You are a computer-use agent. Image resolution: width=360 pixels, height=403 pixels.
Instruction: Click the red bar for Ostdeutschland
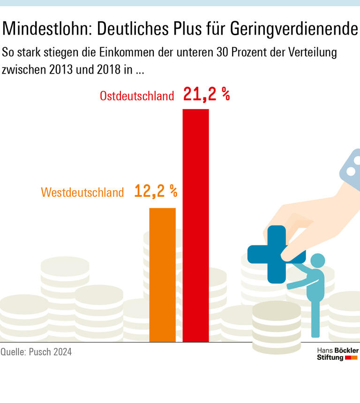[x=195, y=225]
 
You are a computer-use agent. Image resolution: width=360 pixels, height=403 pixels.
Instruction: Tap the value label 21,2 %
[x=206, y=95]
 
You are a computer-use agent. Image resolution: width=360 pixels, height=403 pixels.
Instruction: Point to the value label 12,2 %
[x=156, y=191]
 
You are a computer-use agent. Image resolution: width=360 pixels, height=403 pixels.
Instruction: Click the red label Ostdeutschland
[x=136, y=96]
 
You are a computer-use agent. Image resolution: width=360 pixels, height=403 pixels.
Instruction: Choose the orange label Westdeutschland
[x=82, y=192]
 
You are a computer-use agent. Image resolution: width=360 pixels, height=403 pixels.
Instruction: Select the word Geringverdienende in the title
[x=294, y=29]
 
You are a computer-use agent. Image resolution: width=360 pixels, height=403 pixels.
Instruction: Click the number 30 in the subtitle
[x=223, y=52]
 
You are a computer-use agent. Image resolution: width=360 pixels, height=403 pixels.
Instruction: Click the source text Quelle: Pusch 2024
[x=36, y=351]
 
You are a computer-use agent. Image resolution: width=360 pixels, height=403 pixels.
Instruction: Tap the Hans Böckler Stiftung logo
[x=337, y=354]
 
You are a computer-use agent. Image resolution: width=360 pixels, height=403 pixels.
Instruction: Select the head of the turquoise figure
[x=318, y=261]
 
